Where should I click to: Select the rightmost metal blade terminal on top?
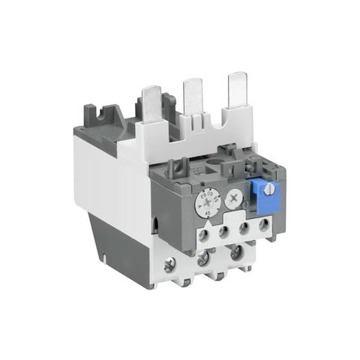(x=238, y=88)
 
